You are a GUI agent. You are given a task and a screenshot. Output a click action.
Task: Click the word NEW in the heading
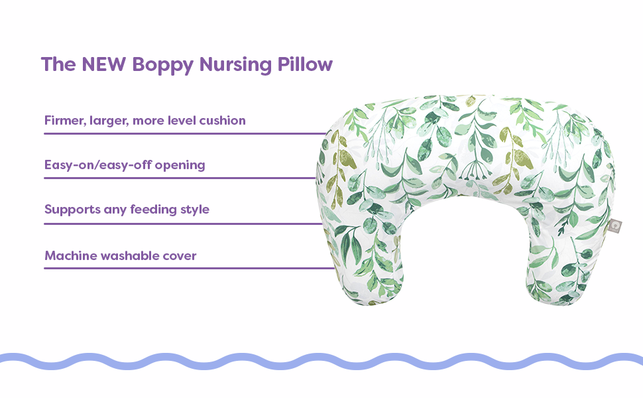104,64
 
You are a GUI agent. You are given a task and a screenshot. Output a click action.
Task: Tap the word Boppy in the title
162,66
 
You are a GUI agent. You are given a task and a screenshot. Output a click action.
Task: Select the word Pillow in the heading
305,64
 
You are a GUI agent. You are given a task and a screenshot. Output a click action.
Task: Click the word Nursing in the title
235,66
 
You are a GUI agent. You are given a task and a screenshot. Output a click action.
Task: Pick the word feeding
153,210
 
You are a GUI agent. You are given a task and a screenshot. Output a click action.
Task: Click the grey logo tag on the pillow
614,226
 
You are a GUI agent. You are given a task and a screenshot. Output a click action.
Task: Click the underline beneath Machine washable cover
190,269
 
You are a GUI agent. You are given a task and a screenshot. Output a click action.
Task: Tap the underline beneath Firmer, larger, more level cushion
186,133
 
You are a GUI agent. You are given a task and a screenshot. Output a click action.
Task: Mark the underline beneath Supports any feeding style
184,224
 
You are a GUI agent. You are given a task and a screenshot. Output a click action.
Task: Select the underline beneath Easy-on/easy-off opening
180,178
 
